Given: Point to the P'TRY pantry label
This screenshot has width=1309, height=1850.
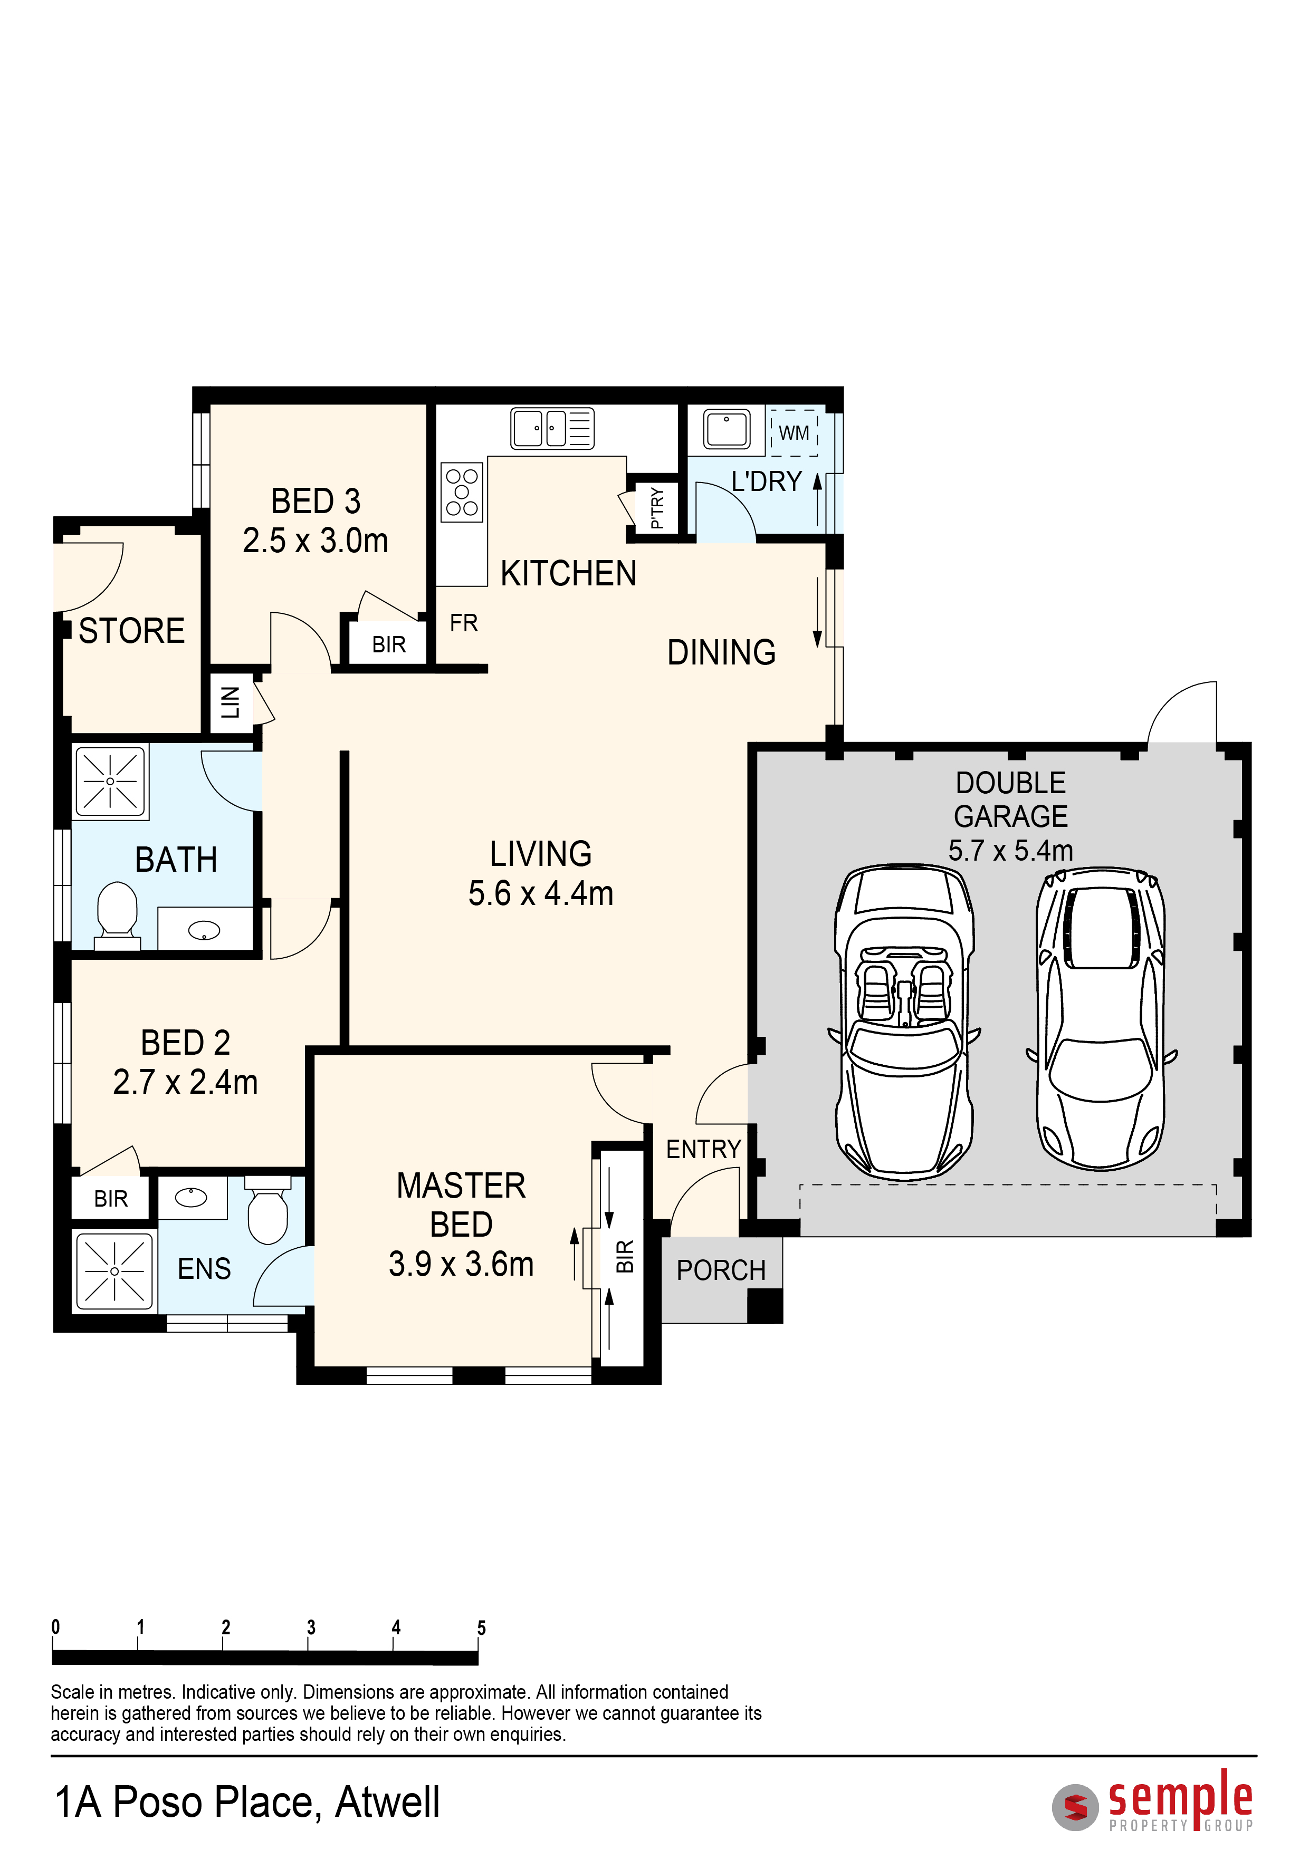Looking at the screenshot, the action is pyautogui.click(x=657, y=508).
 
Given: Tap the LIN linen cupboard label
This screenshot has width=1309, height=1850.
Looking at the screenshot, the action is pyautogui.click(x=231, y=702).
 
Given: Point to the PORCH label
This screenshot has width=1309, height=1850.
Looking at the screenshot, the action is pyautogui.click(x=721, y=1270).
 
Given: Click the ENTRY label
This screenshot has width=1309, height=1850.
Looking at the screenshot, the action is pyautogui.click(x=703, y=1149).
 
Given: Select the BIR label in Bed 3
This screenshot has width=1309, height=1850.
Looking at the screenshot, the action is pyautogui.click(x=388, y=644).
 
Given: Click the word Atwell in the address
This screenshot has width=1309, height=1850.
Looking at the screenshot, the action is pyautogui.click(x=388, y=1803).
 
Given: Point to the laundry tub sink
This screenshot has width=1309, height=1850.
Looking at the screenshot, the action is pyautogui.click(x=726, y=428).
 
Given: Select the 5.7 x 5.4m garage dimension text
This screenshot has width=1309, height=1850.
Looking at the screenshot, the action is pyautogui.click(x=1011, y=851).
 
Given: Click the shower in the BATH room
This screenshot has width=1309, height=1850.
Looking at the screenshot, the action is pyautogui.click(x=110, y=782).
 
